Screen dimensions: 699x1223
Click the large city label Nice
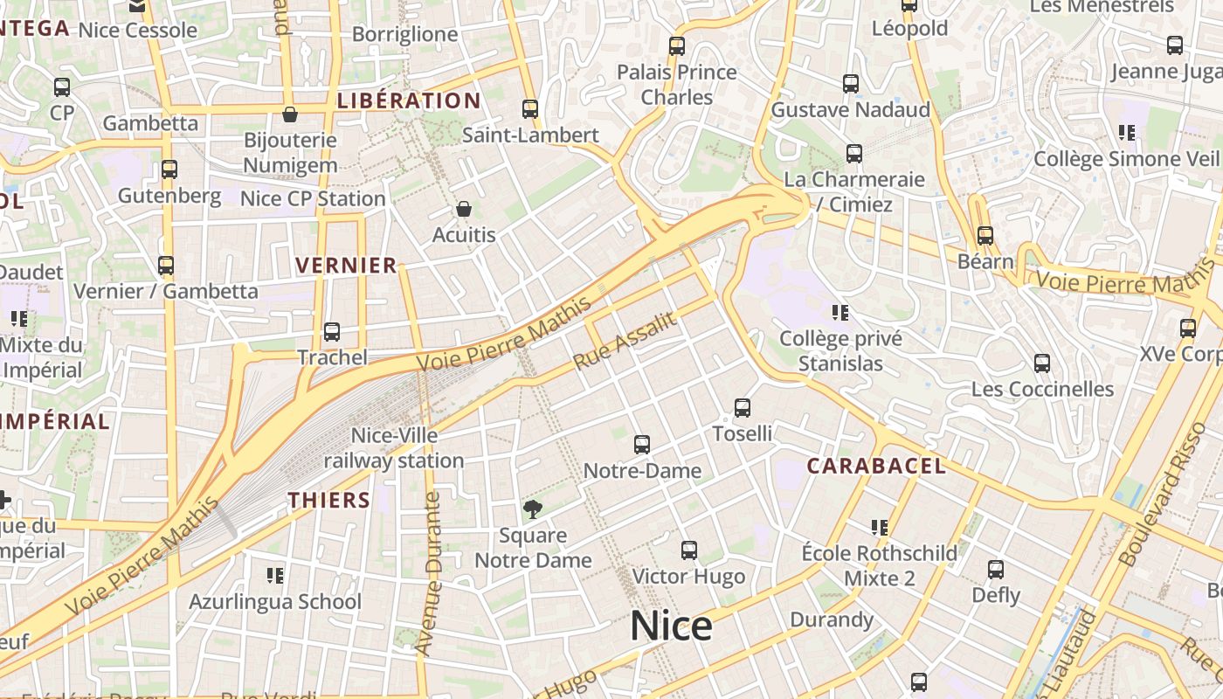click(671, 626)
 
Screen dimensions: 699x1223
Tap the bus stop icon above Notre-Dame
click(642, 445)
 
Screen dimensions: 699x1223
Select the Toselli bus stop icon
click(743, 407)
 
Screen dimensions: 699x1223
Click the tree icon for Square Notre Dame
click(532, 509)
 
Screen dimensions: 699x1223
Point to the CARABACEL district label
click(875, 466)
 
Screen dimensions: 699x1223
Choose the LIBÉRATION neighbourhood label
click(409, 100)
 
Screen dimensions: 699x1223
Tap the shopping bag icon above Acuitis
click(464, 209)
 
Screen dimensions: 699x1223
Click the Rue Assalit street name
click(625, 341)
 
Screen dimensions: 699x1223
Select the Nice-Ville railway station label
click(394, 447)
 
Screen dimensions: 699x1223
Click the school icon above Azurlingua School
click(275, 575)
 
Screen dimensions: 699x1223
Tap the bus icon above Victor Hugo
click(689, 550)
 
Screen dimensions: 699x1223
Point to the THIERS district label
click(329, 501)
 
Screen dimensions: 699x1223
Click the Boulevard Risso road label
click(1162, 495)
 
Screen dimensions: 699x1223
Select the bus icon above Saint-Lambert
click(530, 109)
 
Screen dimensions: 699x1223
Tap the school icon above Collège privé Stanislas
click(840, 312)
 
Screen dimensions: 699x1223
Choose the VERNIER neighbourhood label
click(346, 266)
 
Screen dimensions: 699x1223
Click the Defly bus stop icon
click(996, 570)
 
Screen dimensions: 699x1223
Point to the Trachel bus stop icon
click(332, 332)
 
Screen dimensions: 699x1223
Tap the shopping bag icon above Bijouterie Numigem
click(290, 114)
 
